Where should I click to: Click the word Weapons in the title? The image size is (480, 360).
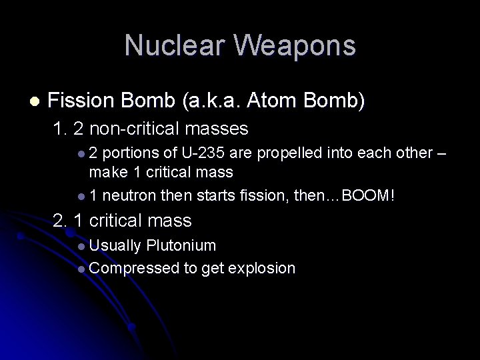click(293, 45)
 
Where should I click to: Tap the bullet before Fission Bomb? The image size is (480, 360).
click(34, 101)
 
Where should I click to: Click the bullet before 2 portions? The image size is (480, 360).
click(81, 154)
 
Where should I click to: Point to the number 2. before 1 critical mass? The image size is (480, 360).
click(59, 221)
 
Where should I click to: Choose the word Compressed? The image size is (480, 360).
click(131, 268)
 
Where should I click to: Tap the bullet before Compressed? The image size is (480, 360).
click(81, 269)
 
